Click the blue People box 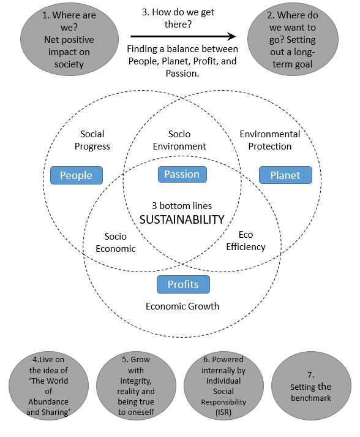(77, 175)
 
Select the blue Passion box (182, 174)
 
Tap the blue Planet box (285, 175)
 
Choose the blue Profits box (183, 284)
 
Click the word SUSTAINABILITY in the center (182, 219)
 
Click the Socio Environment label (179, 140)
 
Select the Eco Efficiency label (246, 241)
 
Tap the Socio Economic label (116, 243)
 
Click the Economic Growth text (182, 306)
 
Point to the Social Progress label (92, 140)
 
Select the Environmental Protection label (270, 140)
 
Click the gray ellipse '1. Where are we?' (69, 39)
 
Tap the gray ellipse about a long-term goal (293, 39)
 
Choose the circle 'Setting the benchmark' (311, 386)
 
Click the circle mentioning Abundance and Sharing (48, 386)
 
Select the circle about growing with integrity (136, 386)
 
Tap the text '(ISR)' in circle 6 (223, 412)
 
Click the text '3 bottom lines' (182, 206)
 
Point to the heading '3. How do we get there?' (178, 18)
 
